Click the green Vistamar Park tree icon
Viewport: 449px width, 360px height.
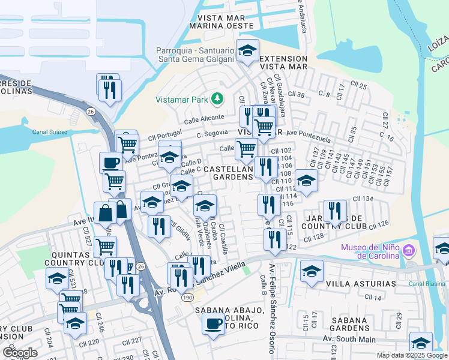click(220, 98)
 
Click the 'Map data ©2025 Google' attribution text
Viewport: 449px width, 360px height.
click(412, 355)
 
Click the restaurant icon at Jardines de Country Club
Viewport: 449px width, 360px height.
click(335, 211)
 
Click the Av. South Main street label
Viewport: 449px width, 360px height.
click(349, 340)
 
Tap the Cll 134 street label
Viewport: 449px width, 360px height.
click(363, 199)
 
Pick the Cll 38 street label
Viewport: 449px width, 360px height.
click(297, 94)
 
